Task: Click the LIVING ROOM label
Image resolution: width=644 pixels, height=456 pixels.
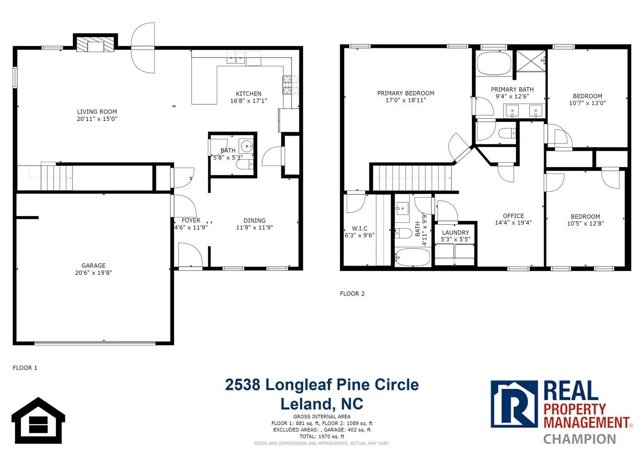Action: click(x=97, y=112)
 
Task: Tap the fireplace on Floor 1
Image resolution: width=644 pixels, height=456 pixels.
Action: click(x=95, y=43)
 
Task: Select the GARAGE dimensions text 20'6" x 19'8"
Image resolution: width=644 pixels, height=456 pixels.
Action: click(x=94, y=273)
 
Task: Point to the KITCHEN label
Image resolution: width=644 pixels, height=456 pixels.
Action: click(x=249, y=94)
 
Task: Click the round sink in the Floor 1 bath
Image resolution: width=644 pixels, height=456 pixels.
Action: click(x=246, y=146)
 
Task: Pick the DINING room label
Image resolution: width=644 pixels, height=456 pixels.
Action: click(x=254, y=220)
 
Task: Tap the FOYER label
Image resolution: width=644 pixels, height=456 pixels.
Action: click(x=191, y=220)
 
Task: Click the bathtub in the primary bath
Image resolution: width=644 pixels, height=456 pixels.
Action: click(x=494, y=64)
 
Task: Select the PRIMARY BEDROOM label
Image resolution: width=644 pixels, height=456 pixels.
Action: click(x=406, y=93)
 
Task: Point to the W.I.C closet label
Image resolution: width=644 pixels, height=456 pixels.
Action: click(x=360, y=228)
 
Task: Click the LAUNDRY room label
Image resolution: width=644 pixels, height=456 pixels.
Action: click(x=455, y=232)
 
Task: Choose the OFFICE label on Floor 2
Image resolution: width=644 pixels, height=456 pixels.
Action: click(x=513, y=216)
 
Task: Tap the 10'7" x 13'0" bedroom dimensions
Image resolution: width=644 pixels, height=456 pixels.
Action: click(x=587, y=103)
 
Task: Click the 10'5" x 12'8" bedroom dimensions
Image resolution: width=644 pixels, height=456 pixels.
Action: click(x=585, y=223)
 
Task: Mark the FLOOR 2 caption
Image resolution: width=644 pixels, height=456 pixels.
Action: click(x=352, y=293)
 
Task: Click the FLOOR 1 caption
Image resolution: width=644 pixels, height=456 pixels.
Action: click(x=25, y=368)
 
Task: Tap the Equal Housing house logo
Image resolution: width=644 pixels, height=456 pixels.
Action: click(x=38, y=420)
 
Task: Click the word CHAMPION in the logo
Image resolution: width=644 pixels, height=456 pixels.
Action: click(x=579, y=439)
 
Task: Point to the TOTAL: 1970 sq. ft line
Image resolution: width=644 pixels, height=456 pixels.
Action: click(x=322, y=437)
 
